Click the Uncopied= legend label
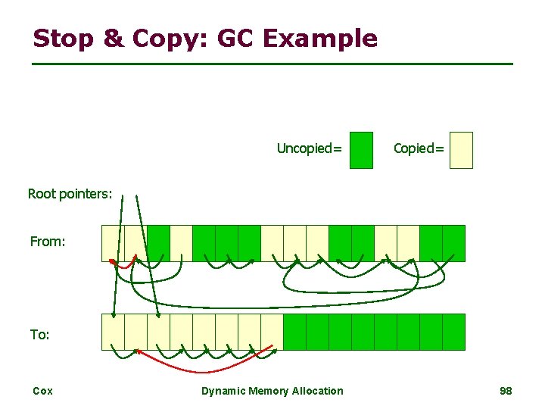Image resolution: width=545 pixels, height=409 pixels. [309, 148]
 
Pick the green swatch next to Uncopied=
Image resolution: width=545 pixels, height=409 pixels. [362, 150]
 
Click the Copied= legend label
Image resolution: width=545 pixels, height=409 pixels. [419, 148]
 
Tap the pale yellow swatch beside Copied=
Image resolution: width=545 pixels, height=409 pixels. [460, 150]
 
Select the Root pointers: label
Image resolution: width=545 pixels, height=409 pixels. [70, 194]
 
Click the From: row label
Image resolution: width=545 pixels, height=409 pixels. [48, 242]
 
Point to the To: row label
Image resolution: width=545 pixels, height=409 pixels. [40, 334]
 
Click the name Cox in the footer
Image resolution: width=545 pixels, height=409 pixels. [42, 391]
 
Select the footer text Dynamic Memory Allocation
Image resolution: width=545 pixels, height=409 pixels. [272, 391]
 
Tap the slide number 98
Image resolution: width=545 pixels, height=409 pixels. [506, 391]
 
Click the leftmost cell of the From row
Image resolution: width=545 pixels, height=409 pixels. [113, 243]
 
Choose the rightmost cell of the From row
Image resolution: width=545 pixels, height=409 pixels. [453, 243]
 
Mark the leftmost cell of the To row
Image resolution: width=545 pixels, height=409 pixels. [113, 332]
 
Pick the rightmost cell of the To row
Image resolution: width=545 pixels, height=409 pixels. [453, 332]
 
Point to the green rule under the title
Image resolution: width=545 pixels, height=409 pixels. [272, 64]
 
